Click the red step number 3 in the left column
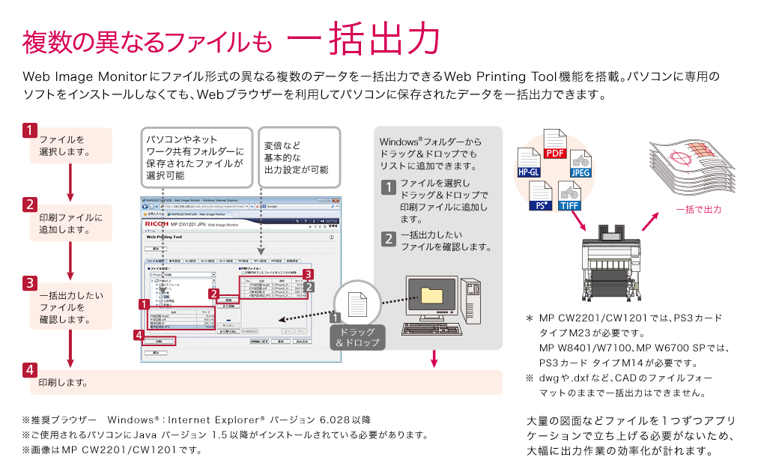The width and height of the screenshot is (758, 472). [x=29, y=283]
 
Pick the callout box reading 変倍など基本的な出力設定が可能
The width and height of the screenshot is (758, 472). [x=298, y=157]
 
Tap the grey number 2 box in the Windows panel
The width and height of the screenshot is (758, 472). [x=388, y=239]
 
